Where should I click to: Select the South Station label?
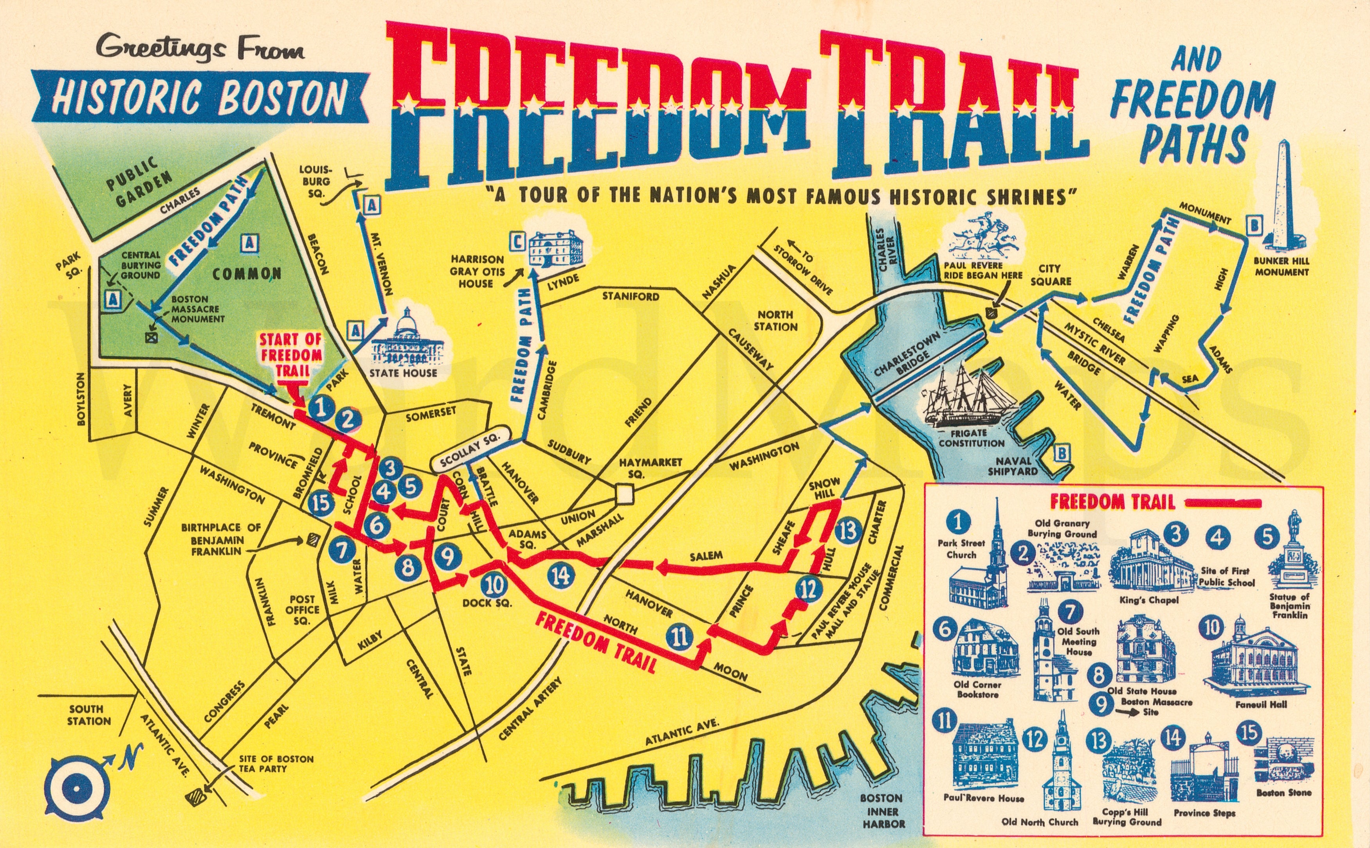89,715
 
